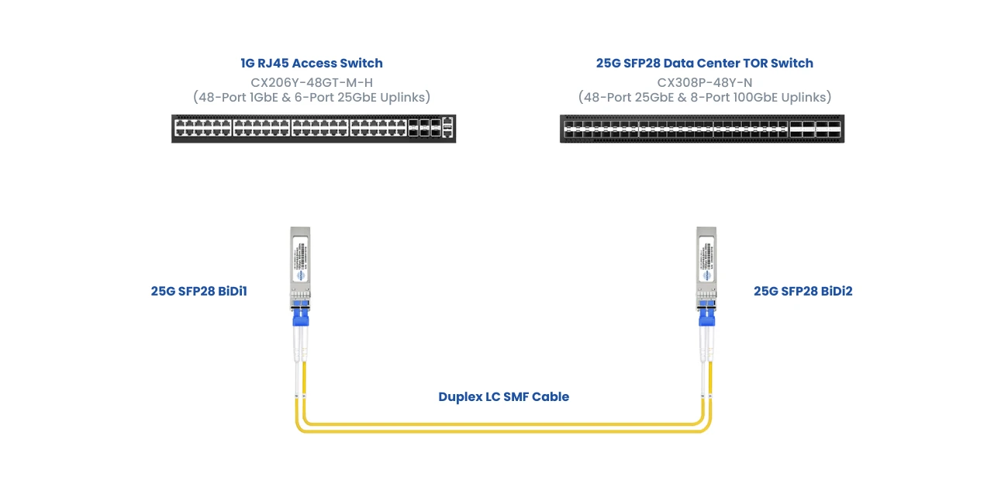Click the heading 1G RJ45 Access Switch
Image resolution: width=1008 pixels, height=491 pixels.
click(311, 63)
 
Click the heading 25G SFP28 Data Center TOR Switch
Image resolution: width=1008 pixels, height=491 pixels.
click(704, 63)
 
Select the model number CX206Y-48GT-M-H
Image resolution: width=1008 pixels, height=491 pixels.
click(312, 81)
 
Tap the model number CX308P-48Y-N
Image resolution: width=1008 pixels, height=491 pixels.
click(704, 81)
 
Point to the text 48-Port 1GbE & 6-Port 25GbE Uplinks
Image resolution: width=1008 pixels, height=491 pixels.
click(312, 97)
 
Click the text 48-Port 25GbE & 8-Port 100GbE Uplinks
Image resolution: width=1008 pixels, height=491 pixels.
click(704, 97)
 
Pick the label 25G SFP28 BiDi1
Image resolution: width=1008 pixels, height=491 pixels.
click(198, 292)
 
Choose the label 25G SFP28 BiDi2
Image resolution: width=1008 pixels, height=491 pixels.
click(803, 292)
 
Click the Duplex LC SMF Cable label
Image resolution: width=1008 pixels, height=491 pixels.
click(503, 396)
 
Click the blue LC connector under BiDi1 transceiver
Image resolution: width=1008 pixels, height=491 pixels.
click(300, 316)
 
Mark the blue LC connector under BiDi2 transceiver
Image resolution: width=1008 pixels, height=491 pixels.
click(706, 316)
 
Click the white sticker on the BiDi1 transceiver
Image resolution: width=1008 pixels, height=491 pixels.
click(300, 260)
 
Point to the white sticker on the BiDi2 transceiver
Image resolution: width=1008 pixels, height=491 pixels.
click(706, 260)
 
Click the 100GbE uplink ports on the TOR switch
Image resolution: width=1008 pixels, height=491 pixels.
click(815, 129)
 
